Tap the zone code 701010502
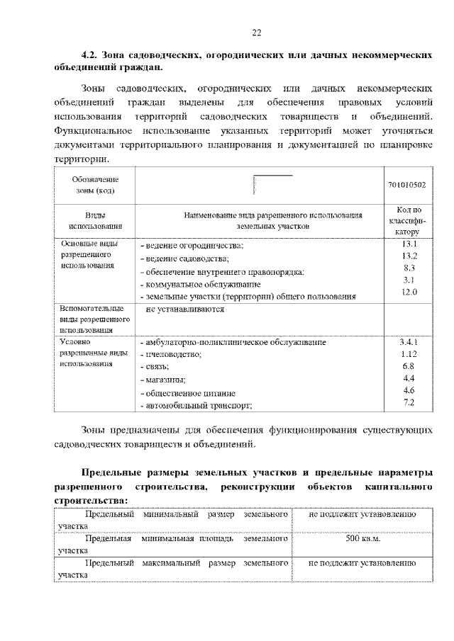tap(407, 184)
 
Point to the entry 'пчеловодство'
tap(172, 354)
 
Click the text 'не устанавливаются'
tap(184, 309)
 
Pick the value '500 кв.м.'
tap(362, 540)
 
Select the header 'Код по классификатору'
tap(408, 220)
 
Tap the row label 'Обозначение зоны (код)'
tap(94, 184)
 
